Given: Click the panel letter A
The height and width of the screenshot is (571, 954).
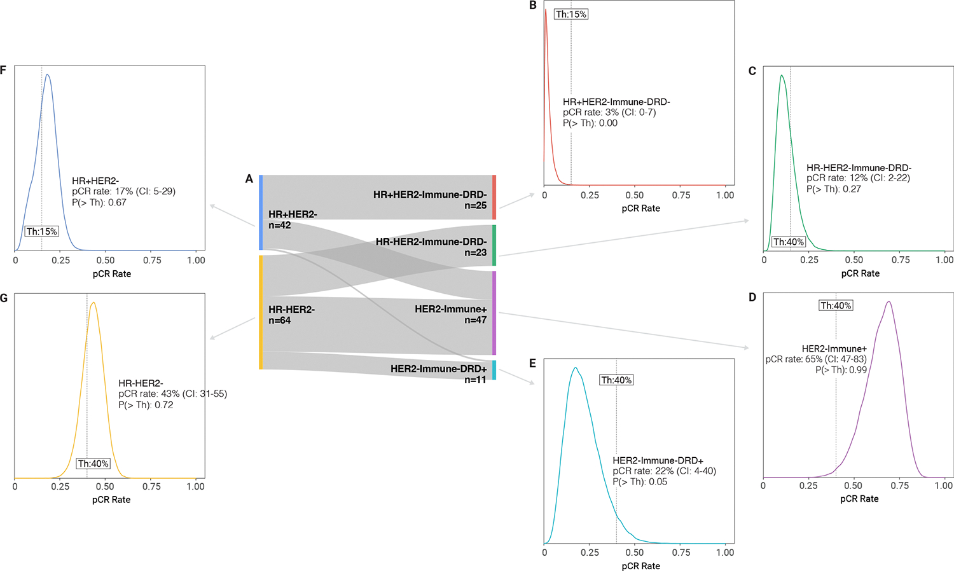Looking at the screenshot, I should (x=249, y=179).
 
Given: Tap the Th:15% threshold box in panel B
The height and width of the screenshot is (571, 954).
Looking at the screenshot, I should (x=571, y=14).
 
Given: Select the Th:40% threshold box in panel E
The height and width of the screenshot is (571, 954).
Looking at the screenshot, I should (x=616, y=380).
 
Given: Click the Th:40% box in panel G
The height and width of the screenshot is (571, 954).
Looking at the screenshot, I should (x=93, y=464).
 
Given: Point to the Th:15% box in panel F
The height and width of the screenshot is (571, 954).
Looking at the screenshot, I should (x=42, y=231).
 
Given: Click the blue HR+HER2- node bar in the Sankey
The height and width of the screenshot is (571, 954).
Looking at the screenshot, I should (x=261, y=212).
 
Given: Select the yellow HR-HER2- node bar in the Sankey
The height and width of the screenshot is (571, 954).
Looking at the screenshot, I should (x=261, y=312).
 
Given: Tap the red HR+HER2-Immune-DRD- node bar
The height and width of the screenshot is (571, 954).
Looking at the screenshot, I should (x=494, y=197).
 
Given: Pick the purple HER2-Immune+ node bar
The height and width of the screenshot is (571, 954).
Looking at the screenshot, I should (x=494, y=313).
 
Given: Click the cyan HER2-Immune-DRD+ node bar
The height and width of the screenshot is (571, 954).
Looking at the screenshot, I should (x=494, y=370).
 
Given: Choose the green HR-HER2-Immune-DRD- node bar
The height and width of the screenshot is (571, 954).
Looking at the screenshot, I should (x=494, y=245).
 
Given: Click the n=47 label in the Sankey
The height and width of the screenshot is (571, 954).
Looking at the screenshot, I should (x=475, y=320).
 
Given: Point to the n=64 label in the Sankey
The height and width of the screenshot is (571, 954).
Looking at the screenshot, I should (x=280, y=320).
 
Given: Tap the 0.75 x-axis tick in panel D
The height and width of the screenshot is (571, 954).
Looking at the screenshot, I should (x=900, y=486).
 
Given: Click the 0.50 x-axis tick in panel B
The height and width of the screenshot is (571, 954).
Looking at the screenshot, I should (x=635, y=195).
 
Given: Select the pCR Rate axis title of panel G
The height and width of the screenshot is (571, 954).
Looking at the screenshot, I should (x=111, y=500).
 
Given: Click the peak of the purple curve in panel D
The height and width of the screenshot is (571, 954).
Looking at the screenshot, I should (x=888, y=302).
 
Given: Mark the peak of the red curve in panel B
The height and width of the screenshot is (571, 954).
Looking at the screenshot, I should (x=546, y=10).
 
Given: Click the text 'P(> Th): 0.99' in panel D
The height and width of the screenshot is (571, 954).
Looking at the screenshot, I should (x=841, y=369).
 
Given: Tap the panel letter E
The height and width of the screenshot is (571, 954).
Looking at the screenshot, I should (x=533, y=363).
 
